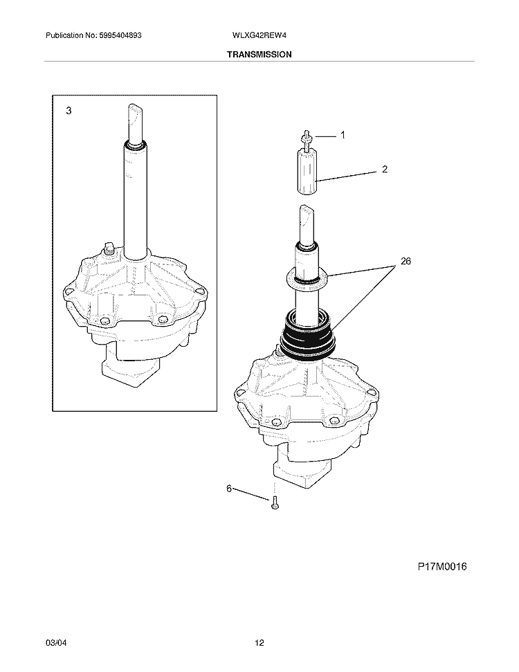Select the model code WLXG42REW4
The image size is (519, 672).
pos(259,35)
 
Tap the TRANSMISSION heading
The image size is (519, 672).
pos(259,55)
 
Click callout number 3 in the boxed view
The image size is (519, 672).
pos(69,111)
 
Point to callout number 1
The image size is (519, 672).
pos(343,135)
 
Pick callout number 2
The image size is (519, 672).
pos(385,170)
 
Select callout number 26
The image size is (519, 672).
pos(406,261)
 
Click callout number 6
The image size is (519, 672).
pos(229,488)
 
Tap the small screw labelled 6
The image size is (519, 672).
pos(275,502)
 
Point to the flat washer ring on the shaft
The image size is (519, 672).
pos(306,278)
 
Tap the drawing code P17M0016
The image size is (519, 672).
pos(442,567)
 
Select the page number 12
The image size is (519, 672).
pos(259,643)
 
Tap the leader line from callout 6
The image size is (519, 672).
pos(250,494)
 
